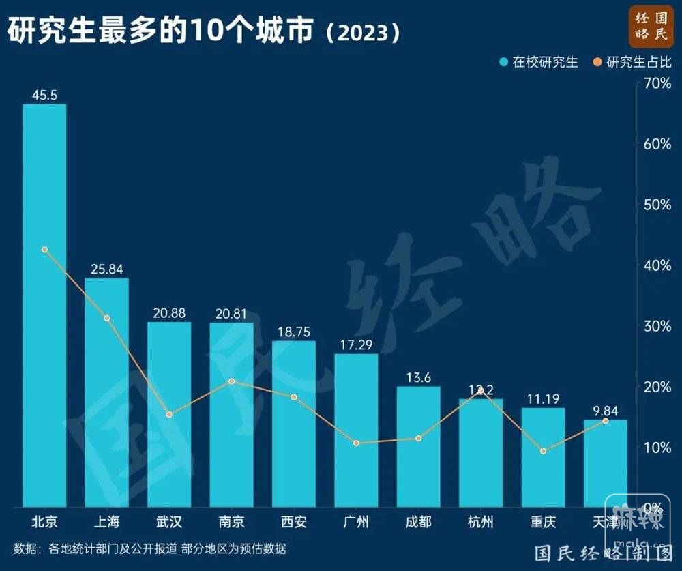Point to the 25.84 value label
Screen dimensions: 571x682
pyautogui.click(x=106, y=269)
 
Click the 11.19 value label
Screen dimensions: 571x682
pyautogui.click(x=544, y=399)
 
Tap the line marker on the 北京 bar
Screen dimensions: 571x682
pyautogui.click(x=44, y=250)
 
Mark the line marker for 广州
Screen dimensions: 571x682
pyautogui.click(x=356, y=443)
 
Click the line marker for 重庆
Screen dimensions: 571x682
pyautogui.click(x=544, y=451)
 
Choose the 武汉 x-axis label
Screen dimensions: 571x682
pyautogui.click(x=169, y=523)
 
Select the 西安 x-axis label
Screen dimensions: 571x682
pyautogui.click(x=294, y=523)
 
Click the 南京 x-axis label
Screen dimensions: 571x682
pyautogui.click(x=231, y=523)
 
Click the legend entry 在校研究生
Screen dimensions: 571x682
pyautogui.click(x=539, y=63)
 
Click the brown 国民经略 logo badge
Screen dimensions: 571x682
pyautogui.click(x=651, y=25)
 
